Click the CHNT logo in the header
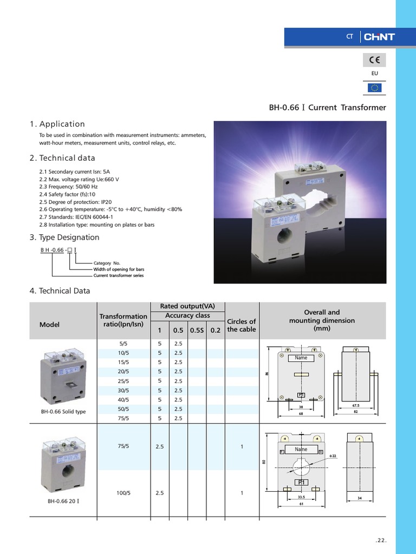379,37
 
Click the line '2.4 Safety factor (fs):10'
67,194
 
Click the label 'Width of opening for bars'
119,269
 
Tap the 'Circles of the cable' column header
241,325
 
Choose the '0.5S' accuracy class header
196,329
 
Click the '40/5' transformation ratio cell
123,400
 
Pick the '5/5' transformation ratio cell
123,344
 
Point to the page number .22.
381,540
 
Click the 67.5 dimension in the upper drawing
355,405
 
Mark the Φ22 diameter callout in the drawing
333,456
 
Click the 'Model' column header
49,325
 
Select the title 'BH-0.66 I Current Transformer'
327,107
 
